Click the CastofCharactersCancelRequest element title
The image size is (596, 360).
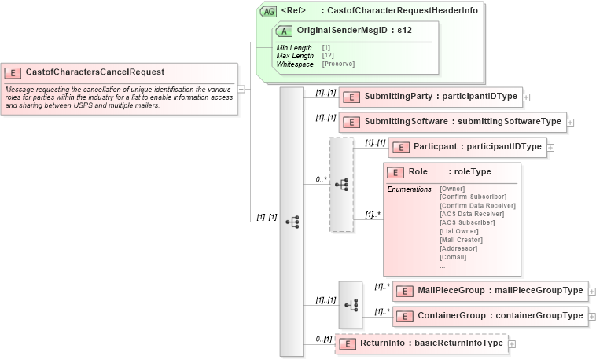[x=94, y=72]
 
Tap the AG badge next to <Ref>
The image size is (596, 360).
[x=269, y=12]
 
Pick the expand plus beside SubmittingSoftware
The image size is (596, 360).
[x=570, y=123]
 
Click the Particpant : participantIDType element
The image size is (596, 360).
[x=467, y=147]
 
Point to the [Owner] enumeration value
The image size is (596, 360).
[x=452, y=189]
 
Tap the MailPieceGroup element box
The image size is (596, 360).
[x=490, y=291]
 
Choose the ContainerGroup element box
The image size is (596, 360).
[x=490, y=316]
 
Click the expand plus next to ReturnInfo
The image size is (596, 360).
[x=512, y=344]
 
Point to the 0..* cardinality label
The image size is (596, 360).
[x=321, y=179]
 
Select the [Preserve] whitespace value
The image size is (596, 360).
[x=338, y=64]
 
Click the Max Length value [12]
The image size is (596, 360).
[x=326, y=56]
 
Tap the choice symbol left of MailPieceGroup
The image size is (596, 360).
[x=350, y=304]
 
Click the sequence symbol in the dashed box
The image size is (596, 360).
[x=341, y=185]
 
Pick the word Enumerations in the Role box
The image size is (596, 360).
[x=409, y=189]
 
